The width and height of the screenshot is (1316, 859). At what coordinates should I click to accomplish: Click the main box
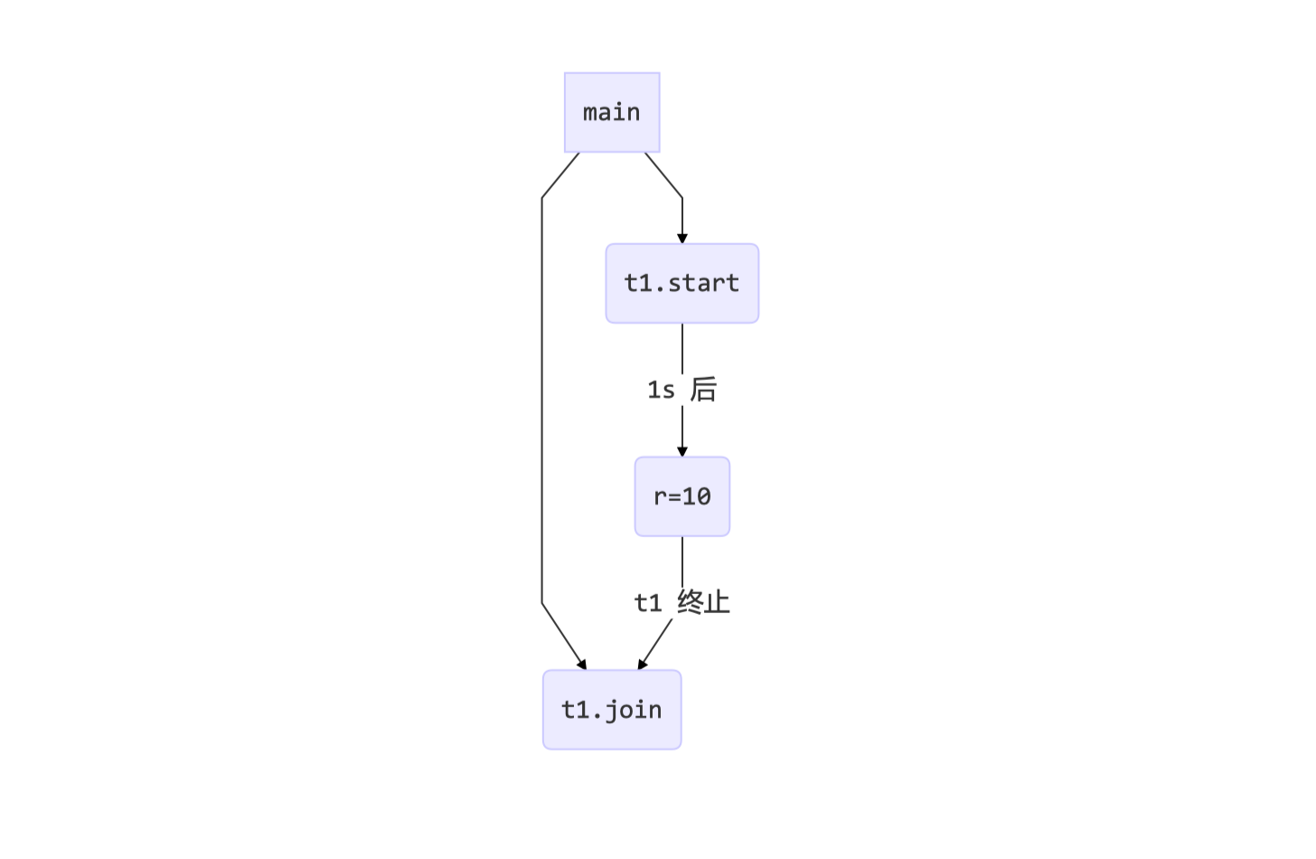[612, 112]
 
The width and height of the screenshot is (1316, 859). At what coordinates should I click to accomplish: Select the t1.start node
[681, 283]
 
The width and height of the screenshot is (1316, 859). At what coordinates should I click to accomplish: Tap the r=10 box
[681, 496]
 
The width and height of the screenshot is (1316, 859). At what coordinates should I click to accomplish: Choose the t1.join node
[612, 710]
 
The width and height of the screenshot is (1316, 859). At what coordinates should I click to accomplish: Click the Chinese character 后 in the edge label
[703, 390]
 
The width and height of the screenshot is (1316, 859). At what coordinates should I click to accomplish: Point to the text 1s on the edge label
[661, 390]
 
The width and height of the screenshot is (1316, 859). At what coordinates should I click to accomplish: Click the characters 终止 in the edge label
[703, 602]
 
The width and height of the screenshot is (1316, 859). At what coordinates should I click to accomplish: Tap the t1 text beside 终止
[648, 602]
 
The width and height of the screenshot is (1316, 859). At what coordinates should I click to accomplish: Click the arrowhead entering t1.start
[682, 238]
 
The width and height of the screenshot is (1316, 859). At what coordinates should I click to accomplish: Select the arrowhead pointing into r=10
[682, 451]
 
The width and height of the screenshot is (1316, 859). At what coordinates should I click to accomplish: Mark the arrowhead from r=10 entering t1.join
[643, 664]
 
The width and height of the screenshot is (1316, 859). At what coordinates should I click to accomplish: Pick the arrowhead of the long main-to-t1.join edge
[581, 664]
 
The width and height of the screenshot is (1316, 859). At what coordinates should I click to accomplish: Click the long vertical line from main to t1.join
[542, 398]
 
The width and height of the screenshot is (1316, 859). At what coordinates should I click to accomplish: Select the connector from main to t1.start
[663, 175]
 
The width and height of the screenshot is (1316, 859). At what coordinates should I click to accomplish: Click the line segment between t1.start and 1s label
[682, 348]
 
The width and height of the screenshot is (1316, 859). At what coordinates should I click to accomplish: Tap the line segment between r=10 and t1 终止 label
[682, 561]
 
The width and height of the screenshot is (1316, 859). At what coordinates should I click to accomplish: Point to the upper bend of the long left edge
[542, 197]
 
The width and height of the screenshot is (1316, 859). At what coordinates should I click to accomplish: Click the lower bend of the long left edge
[542, 603]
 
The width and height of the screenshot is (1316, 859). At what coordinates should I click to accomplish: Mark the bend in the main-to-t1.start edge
[682, 197]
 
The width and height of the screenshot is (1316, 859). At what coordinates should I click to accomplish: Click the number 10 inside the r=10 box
[696, 496]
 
